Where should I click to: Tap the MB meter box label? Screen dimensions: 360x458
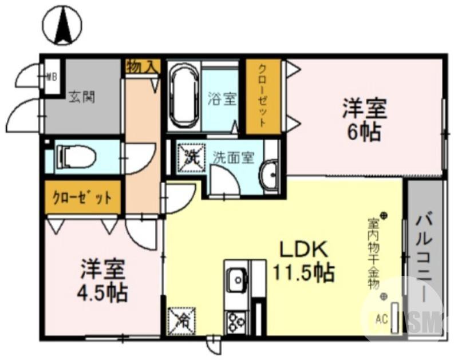click(52, 74)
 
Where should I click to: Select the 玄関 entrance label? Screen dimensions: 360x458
click(82, 97)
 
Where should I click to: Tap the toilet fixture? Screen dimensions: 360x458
click(77, 156)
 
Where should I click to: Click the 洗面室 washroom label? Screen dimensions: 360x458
click(233, 157)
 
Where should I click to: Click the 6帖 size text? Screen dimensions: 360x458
click(365, 132)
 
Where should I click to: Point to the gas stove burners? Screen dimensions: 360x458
click(236, 322)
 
